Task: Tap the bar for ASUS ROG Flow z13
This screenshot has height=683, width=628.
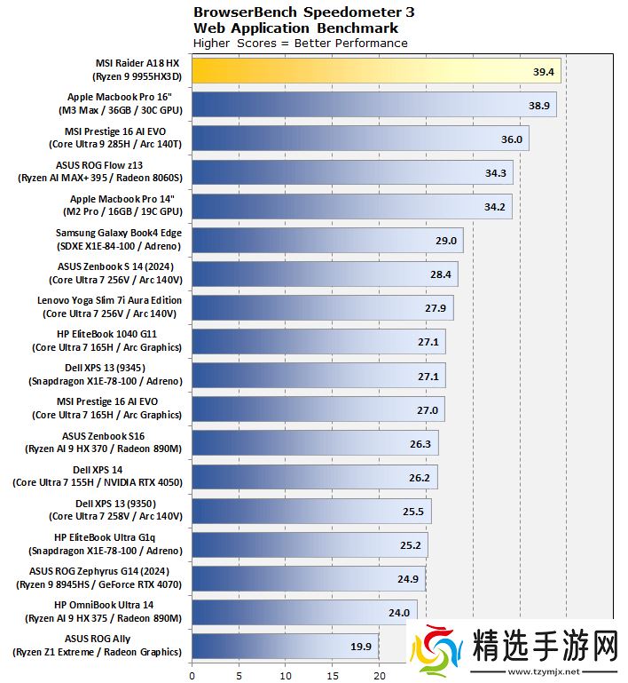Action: (x=351, y=172)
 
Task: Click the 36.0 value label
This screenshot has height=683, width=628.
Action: (x=512, y=139)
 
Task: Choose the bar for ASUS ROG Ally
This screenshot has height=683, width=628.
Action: (x=285, y=645)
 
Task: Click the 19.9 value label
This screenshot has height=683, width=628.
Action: (x=361, y=646)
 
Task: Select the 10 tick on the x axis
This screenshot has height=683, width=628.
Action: (x=286, y=674)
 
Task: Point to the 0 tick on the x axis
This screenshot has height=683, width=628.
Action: (x=192, y=674)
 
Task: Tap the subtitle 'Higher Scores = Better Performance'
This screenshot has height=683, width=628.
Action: (x=300, y=43)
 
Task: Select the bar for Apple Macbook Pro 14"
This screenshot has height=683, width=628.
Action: (x=351, y=206)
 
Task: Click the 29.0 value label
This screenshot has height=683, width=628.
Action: (x=445, y=241)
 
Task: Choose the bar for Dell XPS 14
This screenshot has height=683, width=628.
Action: (x=314, y=476)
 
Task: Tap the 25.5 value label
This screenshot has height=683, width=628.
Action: (x=413, y=511)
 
